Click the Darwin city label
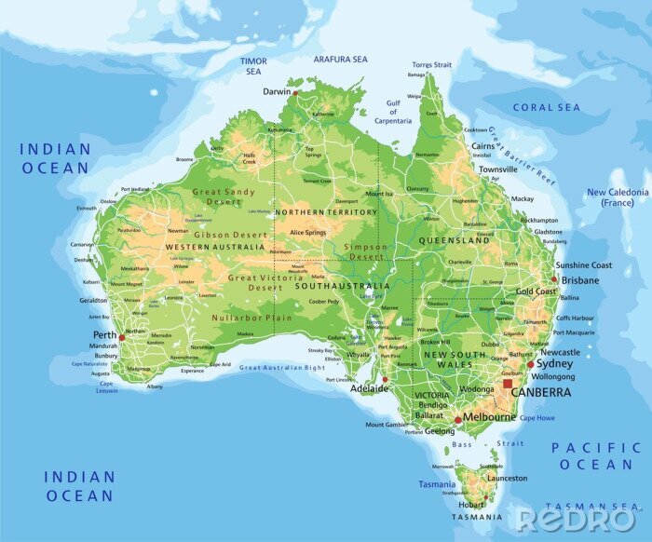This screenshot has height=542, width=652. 276,92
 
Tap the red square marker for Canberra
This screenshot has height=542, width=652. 508,383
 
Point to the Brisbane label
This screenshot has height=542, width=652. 579,280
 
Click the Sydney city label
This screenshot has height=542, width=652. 554,364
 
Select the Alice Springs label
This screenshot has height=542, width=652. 308,232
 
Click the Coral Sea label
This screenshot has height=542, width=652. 546,108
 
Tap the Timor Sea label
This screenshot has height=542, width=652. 253,66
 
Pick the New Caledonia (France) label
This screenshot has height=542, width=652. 617,197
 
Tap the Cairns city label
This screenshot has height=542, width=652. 482,147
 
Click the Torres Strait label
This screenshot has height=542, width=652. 432,65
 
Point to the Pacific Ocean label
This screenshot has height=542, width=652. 596,455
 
